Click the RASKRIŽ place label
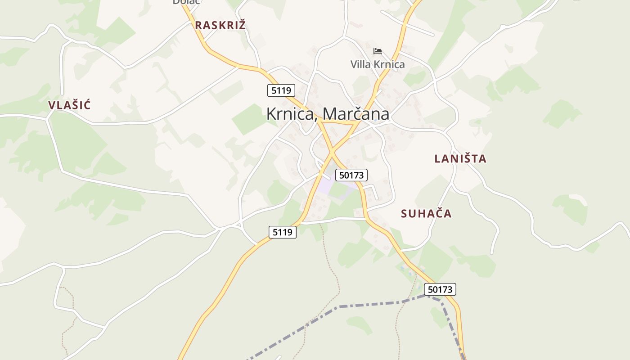point(220,25)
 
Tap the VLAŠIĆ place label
point(69,105)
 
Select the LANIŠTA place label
point(460,158)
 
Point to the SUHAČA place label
point(426,213)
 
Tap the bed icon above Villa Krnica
point(378,51)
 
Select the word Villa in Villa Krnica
point(361,64)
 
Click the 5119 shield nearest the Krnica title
point(281,90)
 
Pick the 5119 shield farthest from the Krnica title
point(283,232)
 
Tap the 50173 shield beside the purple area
point(352,175)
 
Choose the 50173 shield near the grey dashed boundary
point(440,289)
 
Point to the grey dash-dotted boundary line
point(369,305)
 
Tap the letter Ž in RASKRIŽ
point(242,25)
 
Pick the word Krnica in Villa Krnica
point(389,64)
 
